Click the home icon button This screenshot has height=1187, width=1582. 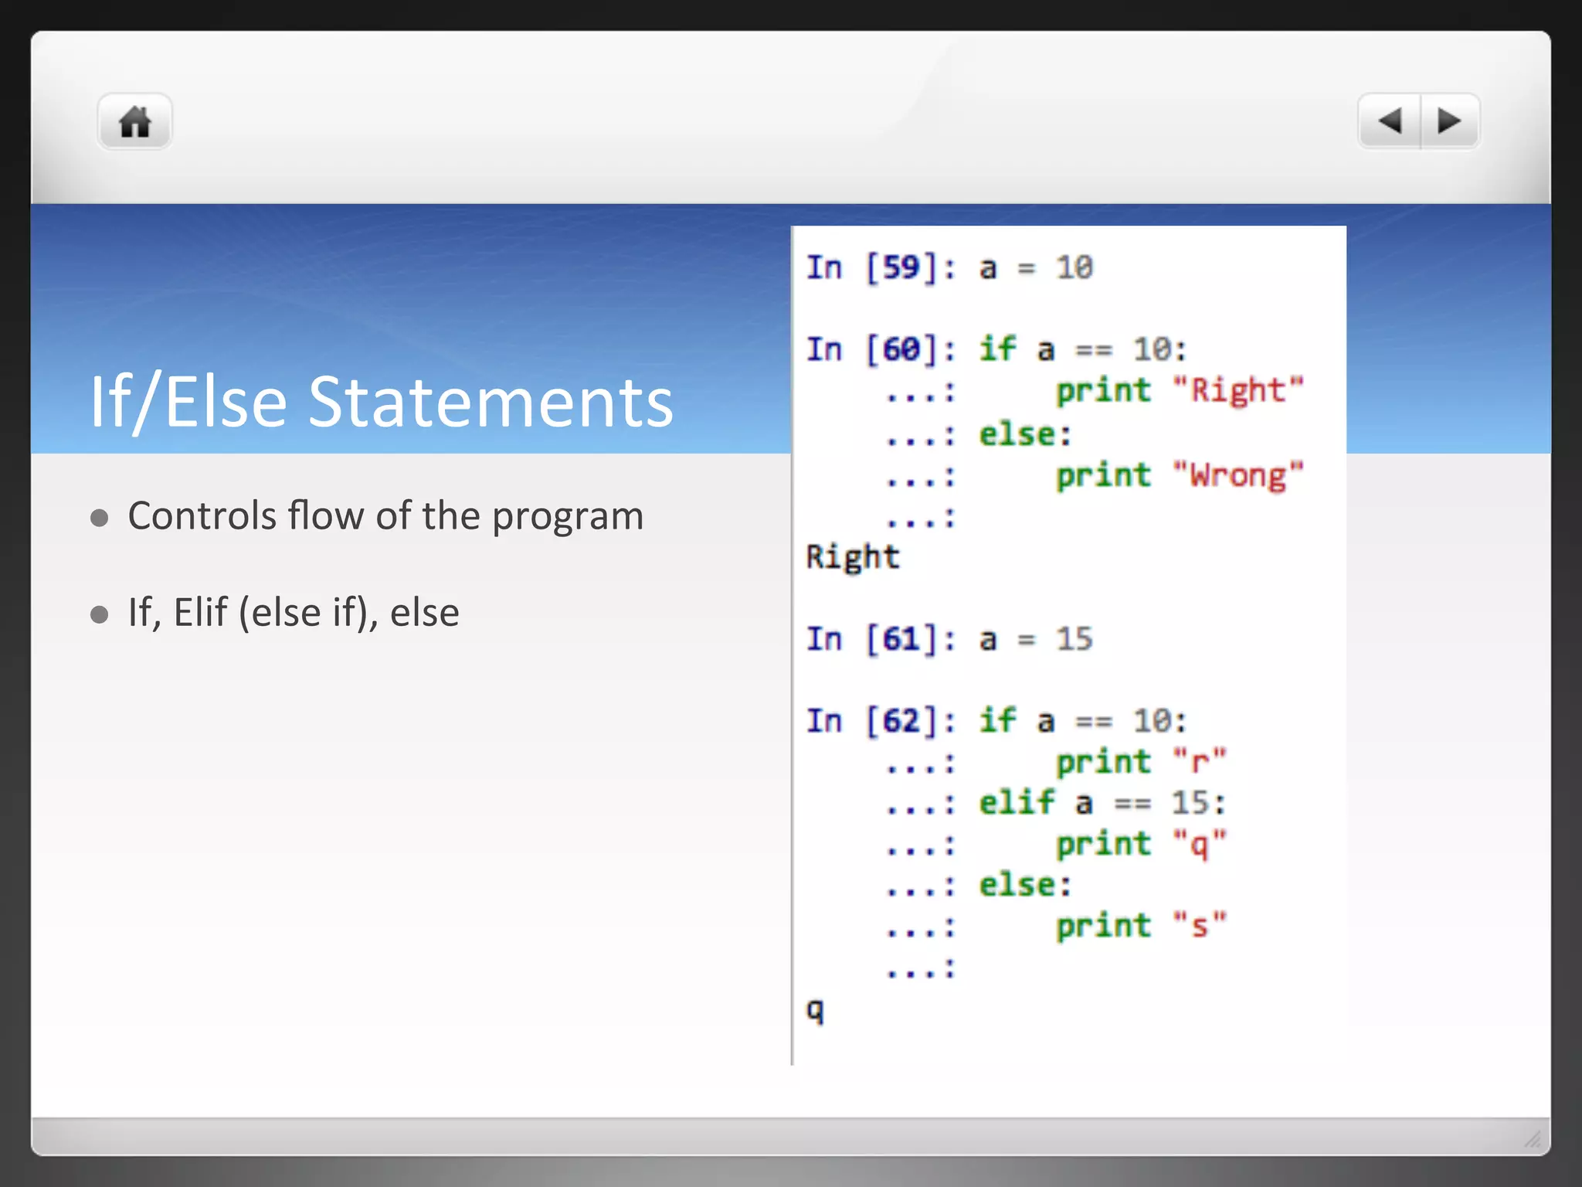tap(135, 121)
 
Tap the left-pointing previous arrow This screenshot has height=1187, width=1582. tap(1390, 121)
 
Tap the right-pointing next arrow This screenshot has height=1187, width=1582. tap(1449, 121)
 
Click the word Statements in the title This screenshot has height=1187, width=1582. tap(491, 402)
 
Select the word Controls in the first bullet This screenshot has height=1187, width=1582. tap(202, 515)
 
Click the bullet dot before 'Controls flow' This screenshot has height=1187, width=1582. tap(100, 517)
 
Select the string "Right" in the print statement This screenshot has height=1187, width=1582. tap(1237, 390)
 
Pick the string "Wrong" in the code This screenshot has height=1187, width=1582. tap(1237, 475)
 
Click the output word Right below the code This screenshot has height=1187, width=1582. tap(853, 557)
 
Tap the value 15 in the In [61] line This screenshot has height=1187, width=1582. tap(1074, 639)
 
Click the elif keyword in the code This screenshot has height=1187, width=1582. tap(1017, 803)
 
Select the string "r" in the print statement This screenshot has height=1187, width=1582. tap(1199, 762)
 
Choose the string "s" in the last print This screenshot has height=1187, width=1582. tap(1199, 925)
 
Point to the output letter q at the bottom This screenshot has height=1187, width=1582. tap(816, 1010)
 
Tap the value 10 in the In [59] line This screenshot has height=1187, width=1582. tap(1074, 268)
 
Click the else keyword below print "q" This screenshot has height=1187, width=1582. tap(1025, 885)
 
